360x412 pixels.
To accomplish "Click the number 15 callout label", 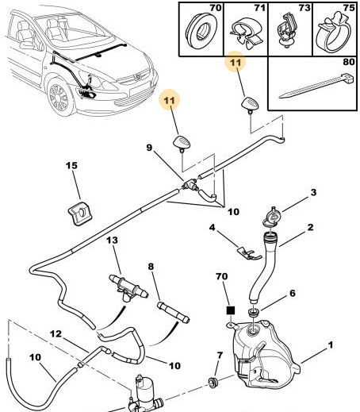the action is click(71, 166).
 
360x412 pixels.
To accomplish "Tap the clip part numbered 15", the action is click(80, 213).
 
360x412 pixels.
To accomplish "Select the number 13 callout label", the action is click(112, 241).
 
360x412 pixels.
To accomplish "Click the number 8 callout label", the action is click(151, 266).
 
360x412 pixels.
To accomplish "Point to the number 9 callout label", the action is click(149, 148).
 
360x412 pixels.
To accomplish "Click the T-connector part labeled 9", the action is click(190, 184).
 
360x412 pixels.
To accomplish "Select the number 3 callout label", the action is click(313, 192).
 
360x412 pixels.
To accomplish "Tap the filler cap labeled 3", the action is click(272, 217).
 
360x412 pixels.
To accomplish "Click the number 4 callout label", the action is click(213, 227).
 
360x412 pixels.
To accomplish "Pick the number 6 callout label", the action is click(293, 293).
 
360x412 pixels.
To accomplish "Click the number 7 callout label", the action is click(220, 356).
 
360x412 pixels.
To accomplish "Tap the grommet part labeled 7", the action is click(213, 383).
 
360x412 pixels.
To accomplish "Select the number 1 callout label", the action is click(331, 345).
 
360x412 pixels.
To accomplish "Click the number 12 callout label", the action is click(56, 334).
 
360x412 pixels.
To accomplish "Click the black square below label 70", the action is click(231, 310).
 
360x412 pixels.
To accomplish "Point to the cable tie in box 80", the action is click(316, 86).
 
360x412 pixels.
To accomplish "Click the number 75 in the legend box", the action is click(349, 8).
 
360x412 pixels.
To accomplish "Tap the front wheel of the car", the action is click(59, 98).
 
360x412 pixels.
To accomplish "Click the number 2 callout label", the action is click(310, 227).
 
